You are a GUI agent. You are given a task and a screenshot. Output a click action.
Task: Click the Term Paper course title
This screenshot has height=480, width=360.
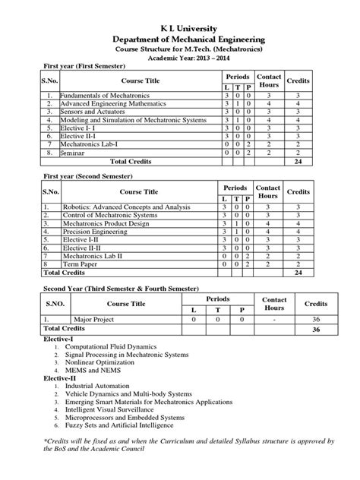tap(79, 266)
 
